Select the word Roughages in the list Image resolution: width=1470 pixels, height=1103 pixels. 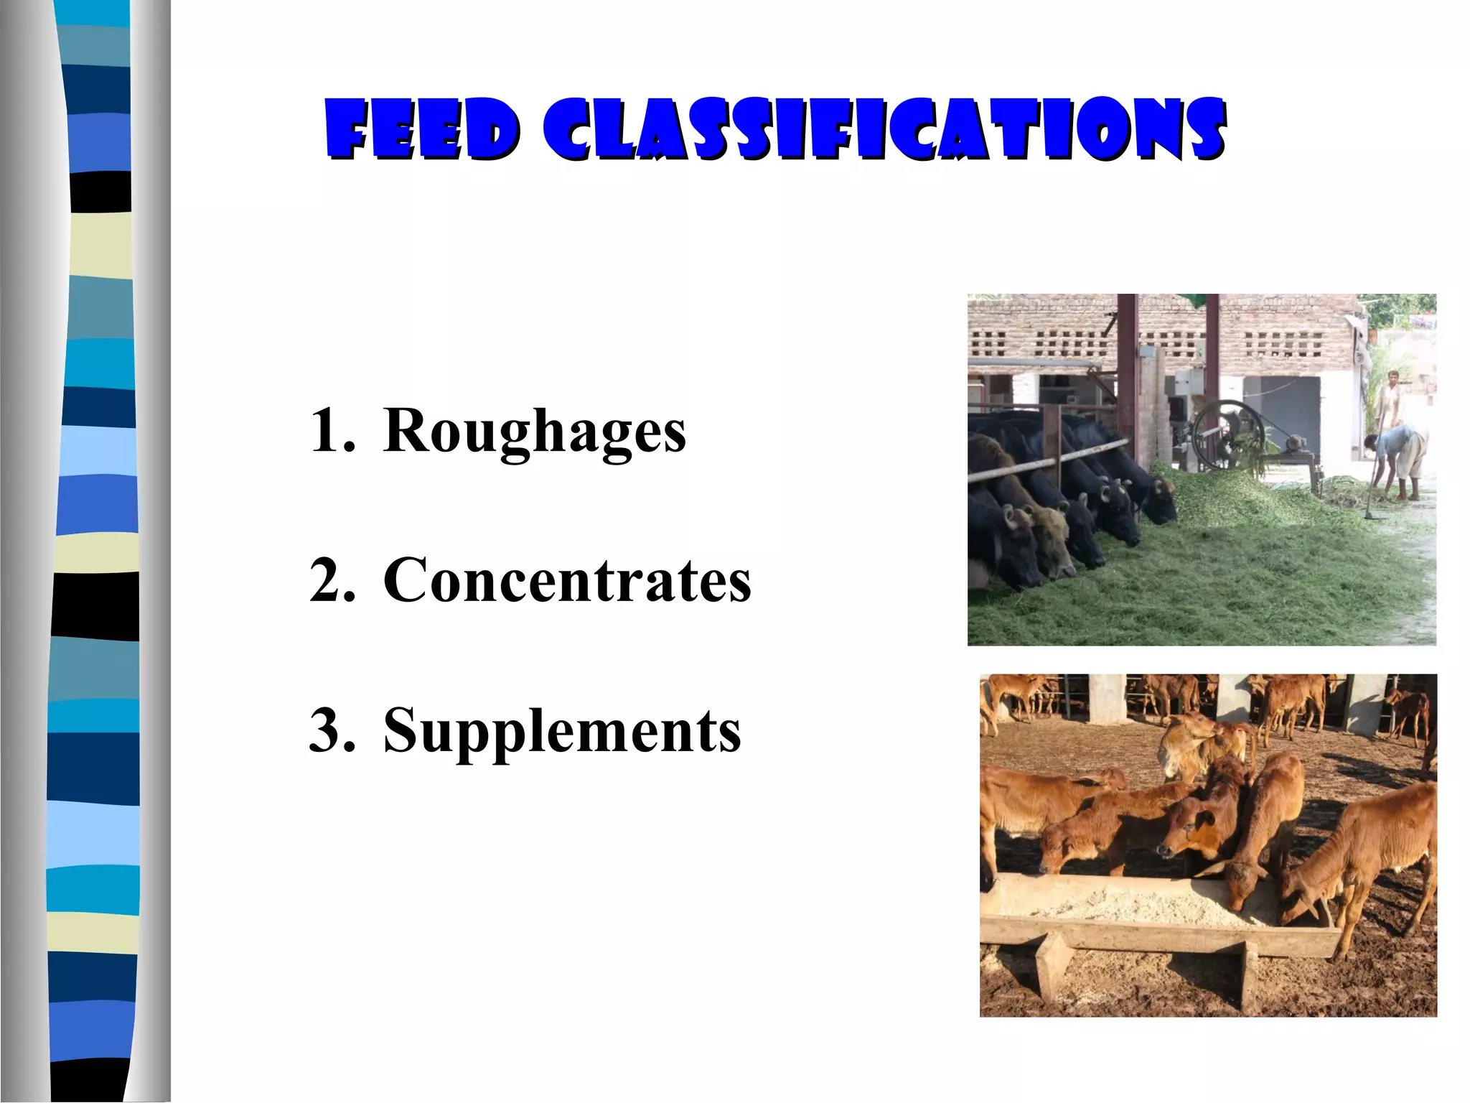[535, 431]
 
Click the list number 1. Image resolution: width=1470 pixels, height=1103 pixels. [332, 431]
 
